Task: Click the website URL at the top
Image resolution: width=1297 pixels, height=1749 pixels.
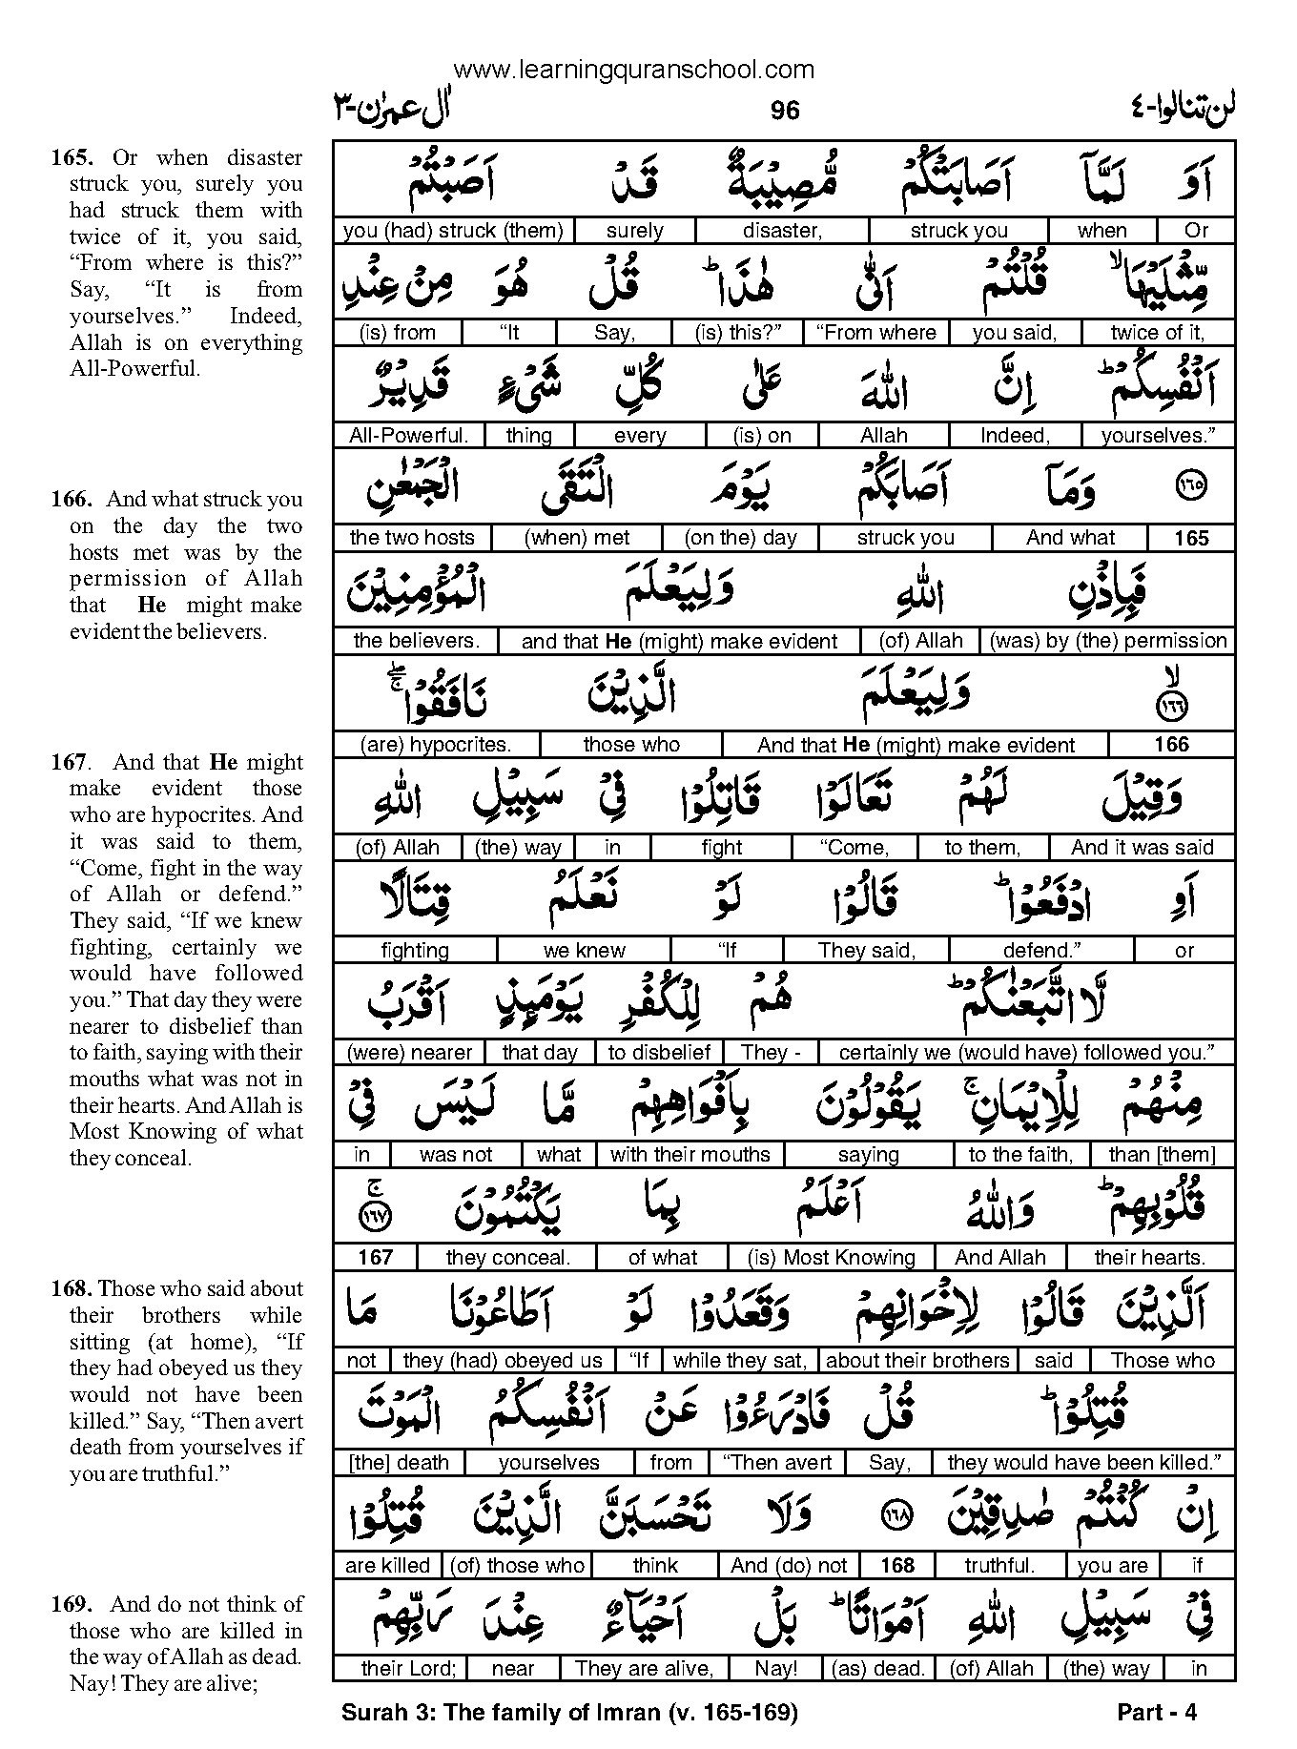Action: pyautogui.click(x=634, y=70)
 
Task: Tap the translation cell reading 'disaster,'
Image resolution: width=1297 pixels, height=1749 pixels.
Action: pyautogui.click(x=782, y=231)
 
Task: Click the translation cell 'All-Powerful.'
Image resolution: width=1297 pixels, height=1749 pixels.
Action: pyautogui.click(x=408, y=436)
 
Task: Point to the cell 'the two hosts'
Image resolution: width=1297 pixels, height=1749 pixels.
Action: pyautogui.click(x=412, y=538)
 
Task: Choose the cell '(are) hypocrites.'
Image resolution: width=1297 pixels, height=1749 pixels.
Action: pyautogui.click(x=436, y=745)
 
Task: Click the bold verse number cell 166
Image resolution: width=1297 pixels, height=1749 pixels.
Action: pyautogui.click(x=1171, y=745)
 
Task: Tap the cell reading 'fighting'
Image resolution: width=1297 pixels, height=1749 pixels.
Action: pyautogui.click(x=415, y=951)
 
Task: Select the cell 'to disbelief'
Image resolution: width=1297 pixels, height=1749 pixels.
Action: pyautogui.click(x=659, y=1053)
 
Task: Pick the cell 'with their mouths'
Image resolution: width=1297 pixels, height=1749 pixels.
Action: pyautogui.click(x=690, y=1155)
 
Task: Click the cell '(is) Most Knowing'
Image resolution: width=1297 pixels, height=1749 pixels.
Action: pyautogui.click(x=832, y=1258)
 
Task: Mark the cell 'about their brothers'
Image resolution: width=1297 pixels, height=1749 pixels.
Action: pyautogui.click(x=917, y=1361)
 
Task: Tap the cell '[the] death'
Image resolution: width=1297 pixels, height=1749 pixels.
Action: pyautogui.click(x=399, y=1463)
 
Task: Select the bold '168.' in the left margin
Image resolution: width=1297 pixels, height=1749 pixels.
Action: pyautogui.click(x=72, y=1289)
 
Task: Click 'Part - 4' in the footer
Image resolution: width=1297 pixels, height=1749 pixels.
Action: pyautogui.click(x=1156, y=1713)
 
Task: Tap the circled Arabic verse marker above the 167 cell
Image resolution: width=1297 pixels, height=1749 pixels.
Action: pyautogui.click(x=375, y=1217)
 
